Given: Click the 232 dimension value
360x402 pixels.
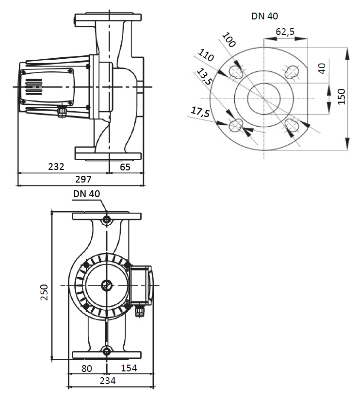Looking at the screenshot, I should [x=56, y=167].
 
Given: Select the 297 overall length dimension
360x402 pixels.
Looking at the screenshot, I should [x=83, y=179].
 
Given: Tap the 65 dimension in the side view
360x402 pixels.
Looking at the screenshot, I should [x=125, y=167].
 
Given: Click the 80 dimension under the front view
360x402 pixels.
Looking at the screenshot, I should [x=86, y=368].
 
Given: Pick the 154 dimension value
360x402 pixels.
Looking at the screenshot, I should [x=129, y=368].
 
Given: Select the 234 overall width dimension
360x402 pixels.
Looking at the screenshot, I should [x=107, y=381].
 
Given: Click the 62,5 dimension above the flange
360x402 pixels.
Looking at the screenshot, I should [x=285, y=32].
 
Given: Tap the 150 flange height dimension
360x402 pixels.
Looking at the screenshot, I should [x=342, y=96].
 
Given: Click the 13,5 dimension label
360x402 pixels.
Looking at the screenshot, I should [x=203, y=78].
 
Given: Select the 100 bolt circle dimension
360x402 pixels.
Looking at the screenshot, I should [x=228, y=40].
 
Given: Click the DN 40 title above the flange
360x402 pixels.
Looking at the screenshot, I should [x=265, y=16].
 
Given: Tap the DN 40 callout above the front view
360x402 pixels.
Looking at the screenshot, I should [x=87, y=194].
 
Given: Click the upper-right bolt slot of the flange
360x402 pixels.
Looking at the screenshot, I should [x=293, y=72].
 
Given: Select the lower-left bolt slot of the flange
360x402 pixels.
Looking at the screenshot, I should [x=235, y=125].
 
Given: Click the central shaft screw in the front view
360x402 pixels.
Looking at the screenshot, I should [x=107, y=285].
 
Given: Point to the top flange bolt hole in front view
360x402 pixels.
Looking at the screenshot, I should [x=107, y=220].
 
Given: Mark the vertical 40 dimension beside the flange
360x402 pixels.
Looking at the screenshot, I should [x=321, y=68].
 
